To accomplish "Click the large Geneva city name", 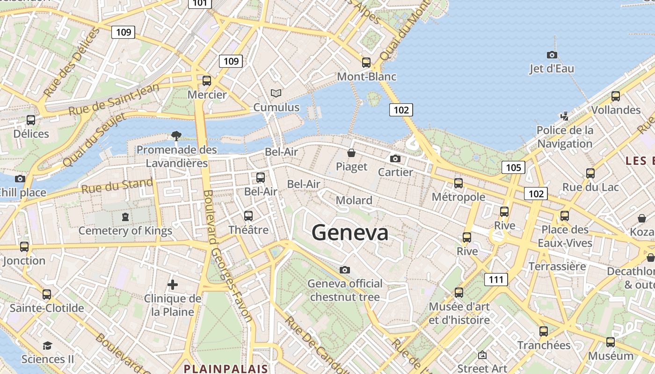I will point(350,232).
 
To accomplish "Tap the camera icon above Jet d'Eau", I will point(552,55).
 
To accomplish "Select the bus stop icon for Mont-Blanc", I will point(366,62).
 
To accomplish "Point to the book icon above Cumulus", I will point(276,93).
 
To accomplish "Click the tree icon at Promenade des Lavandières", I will point(176,136).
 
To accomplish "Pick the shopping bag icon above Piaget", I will point(351,153).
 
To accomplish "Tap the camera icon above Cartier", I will point(395,158).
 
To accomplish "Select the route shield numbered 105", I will point(513,167).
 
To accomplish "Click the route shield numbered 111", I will point(496,280).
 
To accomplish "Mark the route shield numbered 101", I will point(200,3).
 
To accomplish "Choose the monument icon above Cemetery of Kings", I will point(125,217).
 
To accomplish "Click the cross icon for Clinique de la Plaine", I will point(173,284).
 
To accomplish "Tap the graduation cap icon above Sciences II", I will point(47,345).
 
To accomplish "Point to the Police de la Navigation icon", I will point(565,116).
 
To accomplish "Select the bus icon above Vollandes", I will point(616,96).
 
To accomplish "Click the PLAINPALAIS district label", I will point(226,368).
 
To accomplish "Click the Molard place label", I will point(354,200).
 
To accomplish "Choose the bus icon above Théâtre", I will point(248,216).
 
